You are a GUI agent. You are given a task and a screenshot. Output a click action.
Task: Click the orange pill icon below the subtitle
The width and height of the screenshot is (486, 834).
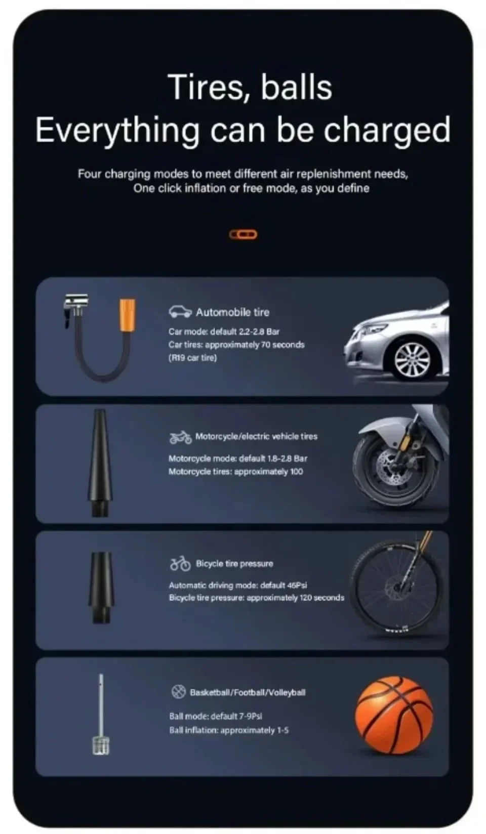click(244, 234)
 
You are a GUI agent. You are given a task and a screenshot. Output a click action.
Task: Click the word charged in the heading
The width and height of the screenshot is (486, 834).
click(387, 131)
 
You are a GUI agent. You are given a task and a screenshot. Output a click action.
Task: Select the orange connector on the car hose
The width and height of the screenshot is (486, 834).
click(127, 315)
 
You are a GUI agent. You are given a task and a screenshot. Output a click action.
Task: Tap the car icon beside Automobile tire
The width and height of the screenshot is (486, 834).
click(180, 312)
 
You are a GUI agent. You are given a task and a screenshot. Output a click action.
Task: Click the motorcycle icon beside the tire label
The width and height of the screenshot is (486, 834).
click(180, 437)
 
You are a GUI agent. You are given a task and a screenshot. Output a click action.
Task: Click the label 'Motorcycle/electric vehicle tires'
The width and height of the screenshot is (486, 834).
click(256, 436)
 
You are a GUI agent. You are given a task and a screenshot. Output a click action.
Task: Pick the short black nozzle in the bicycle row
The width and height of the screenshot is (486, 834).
click(101, 587)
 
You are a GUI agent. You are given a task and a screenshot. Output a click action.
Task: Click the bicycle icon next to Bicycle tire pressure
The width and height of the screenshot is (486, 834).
click(180, 563)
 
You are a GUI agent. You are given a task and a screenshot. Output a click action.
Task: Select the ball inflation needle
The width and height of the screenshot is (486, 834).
click(101, 714)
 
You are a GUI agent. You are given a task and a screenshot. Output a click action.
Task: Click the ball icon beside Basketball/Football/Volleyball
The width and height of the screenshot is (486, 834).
click(178, 692)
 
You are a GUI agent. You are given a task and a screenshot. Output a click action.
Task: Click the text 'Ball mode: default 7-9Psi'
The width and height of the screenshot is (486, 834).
click(215, 716)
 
